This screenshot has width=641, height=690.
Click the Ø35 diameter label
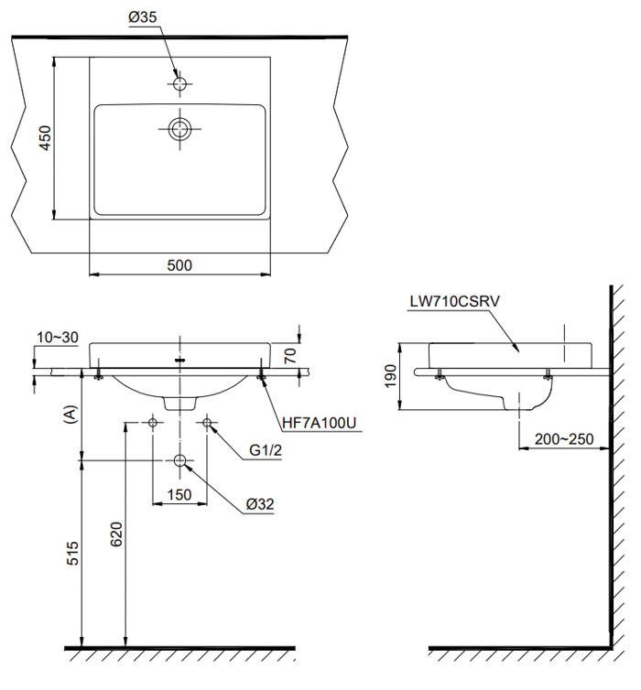tap(143, 18)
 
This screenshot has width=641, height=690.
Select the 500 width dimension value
tap(179, 264)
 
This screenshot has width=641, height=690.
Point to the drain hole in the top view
tap(180, 127)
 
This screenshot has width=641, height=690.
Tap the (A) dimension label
tap(70, 415)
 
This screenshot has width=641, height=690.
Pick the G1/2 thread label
tap(267, 450)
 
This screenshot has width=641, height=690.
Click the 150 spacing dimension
tap(179, 495)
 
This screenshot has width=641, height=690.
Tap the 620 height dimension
tap(114, 534)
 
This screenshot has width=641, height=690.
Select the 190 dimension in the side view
tap(391, 374)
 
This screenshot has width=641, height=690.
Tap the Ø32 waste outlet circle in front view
tap(180, 460)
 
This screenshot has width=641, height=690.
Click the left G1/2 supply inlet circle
tap(153, 423)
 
